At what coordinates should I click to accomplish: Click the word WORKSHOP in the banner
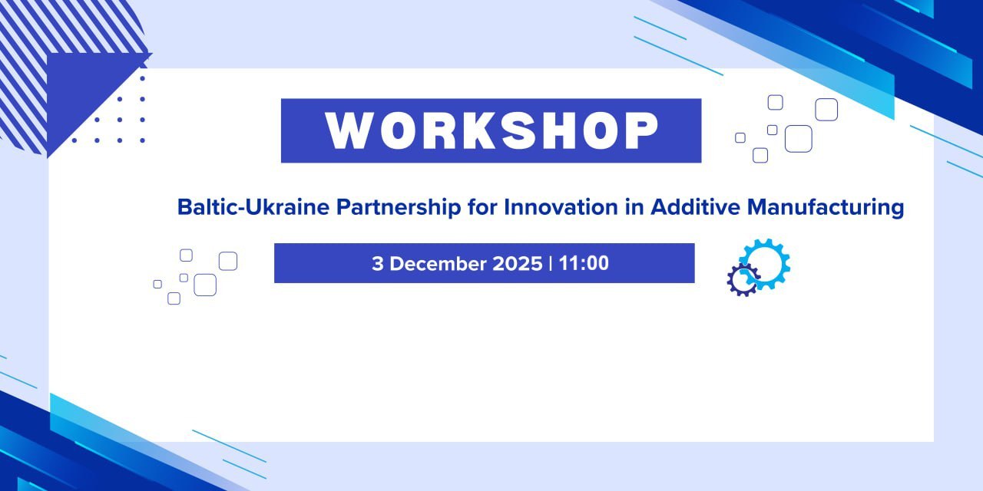(x=492, y=130)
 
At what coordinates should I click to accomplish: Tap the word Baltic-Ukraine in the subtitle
(x=253, y=206)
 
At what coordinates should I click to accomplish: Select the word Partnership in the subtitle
(x=399, y=208)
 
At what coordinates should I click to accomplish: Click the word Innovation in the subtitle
(x=561, y=206)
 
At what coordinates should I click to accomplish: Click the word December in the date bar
(x=438, y=263)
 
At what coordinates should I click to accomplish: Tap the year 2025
(x=518, y=263)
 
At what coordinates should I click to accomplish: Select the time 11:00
(x=584, y=263)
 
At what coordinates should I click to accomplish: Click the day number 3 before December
(x=377, y=263)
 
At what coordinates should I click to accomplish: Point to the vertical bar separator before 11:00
(x=551, y=263)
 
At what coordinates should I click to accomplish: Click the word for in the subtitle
(x=482, y=206)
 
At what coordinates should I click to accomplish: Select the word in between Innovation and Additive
(x=634, y=206)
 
